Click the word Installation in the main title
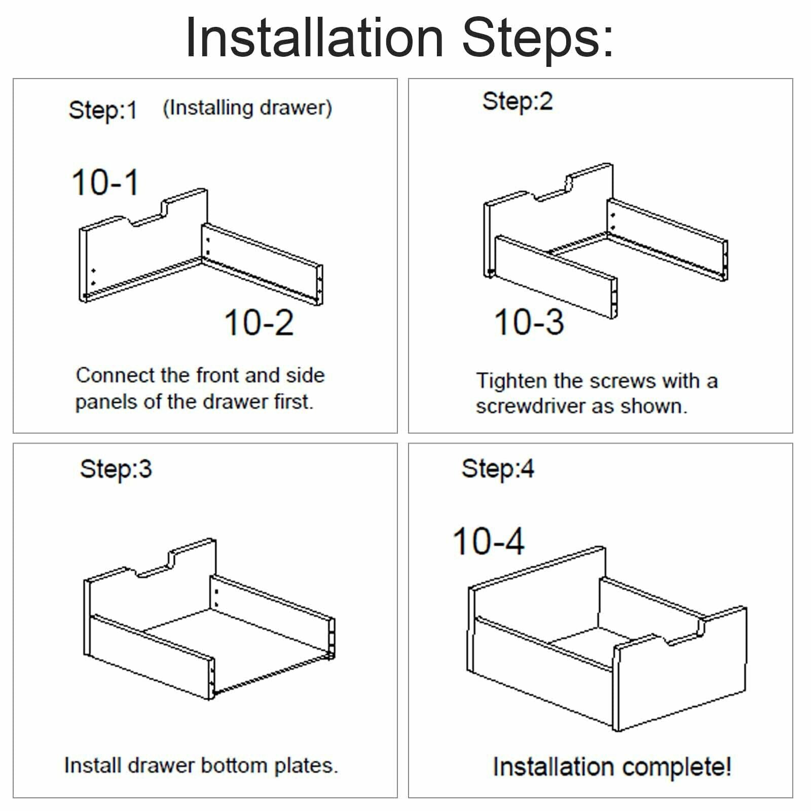(315, 38)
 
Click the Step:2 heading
(517, 102)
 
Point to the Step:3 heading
(116, 469)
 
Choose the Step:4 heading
(497, 469)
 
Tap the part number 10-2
(259, 322)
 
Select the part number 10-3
(529, 322)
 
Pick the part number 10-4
(488, 541)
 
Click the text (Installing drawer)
(247, 108)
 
